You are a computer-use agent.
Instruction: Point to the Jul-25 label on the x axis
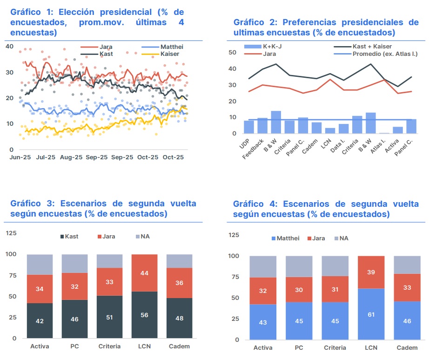coord(46,157)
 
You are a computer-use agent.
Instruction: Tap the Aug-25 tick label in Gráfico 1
coord(72,157)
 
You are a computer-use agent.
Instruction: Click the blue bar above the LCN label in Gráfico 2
coord(330,131)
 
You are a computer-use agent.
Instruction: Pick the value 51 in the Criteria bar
coord(109,318)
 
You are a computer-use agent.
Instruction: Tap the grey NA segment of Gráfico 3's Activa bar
coord(40,264)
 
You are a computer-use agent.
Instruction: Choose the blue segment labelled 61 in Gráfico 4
coord(371,314)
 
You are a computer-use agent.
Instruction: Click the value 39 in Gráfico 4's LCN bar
coord(371,272)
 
